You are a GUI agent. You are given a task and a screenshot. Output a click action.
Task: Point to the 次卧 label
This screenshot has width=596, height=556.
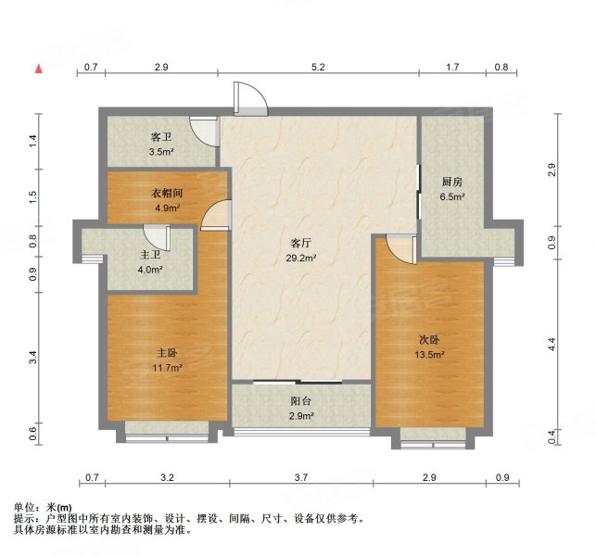(429, 338)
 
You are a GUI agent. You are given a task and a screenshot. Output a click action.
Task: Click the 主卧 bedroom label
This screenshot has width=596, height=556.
(167, 351)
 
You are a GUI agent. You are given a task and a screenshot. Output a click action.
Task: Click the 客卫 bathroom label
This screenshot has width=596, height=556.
(161, 136)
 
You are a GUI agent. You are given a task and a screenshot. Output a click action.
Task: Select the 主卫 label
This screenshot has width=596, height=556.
(150, 255)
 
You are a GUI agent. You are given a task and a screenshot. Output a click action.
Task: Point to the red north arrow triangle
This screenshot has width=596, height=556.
(40, 69)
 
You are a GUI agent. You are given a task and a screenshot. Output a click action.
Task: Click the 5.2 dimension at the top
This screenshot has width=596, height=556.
(318, 68)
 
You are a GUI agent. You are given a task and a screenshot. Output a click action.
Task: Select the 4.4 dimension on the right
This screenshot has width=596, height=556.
(552, 342)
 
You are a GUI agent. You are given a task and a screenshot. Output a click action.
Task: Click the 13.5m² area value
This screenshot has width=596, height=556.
(429, 354)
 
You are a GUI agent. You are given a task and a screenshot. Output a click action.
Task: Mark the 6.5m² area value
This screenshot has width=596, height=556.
(452, 197)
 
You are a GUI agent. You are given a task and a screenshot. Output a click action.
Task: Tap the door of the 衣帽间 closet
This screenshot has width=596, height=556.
(216, 214)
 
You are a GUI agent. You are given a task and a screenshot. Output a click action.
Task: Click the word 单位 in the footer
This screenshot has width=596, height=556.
(24, 507)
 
